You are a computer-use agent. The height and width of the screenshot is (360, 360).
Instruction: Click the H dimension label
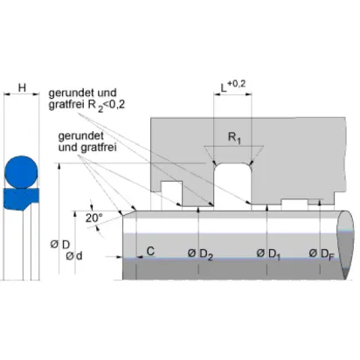pyautogui.click(x=22, y=87)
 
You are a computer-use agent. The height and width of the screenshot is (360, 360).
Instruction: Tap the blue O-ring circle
pyautogui.click(x=21, y=172)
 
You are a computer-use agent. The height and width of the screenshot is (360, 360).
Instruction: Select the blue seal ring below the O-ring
pyautogui.click(x=21, y=199)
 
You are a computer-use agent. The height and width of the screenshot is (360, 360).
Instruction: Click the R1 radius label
pyautogui.click(x=234, y=137)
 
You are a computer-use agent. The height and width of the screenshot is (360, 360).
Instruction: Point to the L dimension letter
pyautogui.click(x=224, y=88)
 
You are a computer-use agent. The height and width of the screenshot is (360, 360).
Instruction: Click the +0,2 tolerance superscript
pyautogui.click(x=237, y=84)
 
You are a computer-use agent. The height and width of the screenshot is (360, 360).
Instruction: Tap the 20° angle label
pyautogui.click(x=93, y=218)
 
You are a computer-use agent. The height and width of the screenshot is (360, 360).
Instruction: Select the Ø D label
pyautogui.click(x=60, y=245)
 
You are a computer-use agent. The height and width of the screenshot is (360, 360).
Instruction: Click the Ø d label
pyautogui.click(x=74, y=256)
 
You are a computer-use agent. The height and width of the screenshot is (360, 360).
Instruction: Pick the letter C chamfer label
pyautogui.click(x=150, y=251)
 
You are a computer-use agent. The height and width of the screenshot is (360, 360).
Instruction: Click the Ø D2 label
pyautogui.click(x=200, y=254)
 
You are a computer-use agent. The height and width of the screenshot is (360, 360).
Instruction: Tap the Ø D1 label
pyautogui.click(x=268, y=254)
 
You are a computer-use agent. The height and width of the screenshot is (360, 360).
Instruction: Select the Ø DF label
pyautogui.click(x=322, y=254)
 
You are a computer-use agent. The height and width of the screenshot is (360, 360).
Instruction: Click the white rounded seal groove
pyautogui.click(x=232, y=184)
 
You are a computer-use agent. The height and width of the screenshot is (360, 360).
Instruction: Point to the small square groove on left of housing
pyautogui.click(x=171, y=193)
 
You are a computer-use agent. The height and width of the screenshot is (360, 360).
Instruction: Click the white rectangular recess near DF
pyautogui.click(x=294, y=204)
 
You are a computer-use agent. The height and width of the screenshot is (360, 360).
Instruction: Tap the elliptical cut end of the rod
pyautogui.click(x=346, y=245)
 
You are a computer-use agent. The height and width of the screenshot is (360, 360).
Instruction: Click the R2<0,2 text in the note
pyautogui.click(x=107, y=105)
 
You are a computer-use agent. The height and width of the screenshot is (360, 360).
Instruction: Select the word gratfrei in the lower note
pyautogui.click(x=99, y=148)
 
